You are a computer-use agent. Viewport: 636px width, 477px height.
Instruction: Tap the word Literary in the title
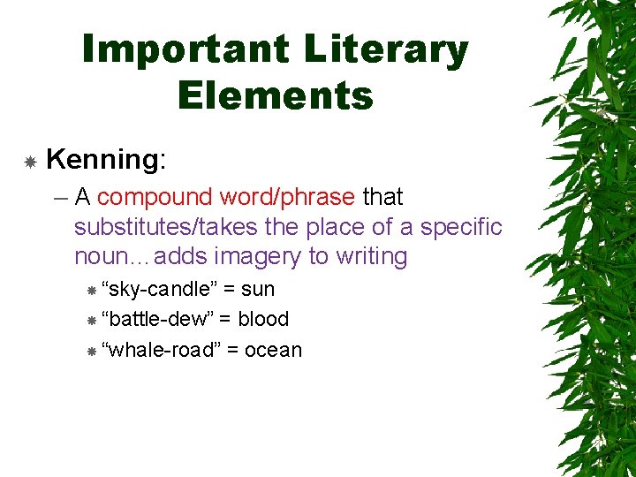[386, 51]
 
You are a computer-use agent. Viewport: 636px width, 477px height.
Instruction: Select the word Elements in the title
[275, 95]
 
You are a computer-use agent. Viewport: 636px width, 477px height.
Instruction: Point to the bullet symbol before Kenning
[30, 162]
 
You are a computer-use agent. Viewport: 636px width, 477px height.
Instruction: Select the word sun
[258, 289]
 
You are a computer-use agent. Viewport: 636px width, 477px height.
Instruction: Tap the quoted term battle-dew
[156, 319]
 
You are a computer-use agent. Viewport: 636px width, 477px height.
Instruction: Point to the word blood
[263, 319]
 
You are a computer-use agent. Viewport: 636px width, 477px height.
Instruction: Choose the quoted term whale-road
[161, 350]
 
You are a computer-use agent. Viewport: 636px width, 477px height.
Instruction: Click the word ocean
[273, 350]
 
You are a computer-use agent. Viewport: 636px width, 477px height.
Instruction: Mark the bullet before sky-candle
[91, 290]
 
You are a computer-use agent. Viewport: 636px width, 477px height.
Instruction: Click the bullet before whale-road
[91, 351]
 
